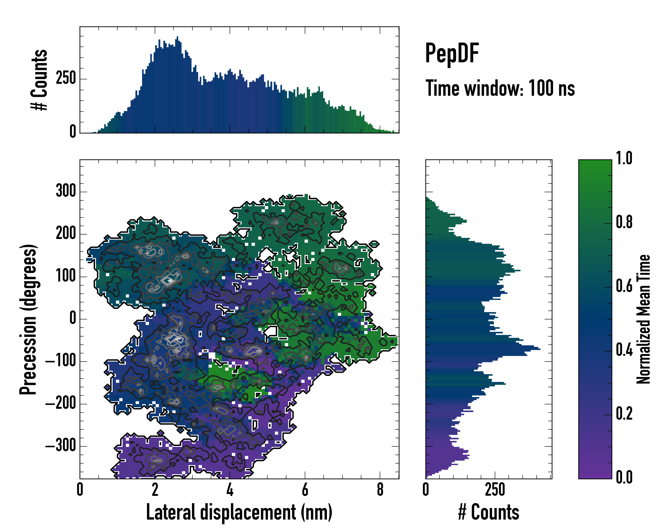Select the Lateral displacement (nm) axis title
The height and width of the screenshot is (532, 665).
pyautogui.click(x=239, y=512)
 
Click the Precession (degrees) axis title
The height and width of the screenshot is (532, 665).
pyautogui.click(x=28, y=319)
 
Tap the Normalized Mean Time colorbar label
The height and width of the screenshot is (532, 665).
pyautogui.click(x=643, y=319)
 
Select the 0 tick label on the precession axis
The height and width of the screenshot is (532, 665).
pyautogui.click(x=73, y=318)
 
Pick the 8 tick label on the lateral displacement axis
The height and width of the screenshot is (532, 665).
pyautogui.click(x=380, y=489)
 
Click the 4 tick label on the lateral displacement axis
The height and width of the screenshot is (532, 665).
pyautogui.click(x=230, y=489)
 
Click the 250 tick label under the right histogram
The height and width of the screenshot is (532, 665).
pyautogui.click(x=495, y=489)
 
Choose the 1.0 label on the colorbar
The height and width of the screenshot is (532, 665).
pyautogui.click(x=624, y=158)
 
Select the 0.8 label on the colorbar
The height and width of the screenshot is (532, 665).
pyautogui.click(x=624, y=222)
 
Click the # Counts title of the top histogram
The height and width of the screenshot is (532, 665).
pyautogui.click(x=39, y=80)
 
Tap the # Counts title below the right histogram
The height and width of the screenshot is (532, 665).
pyautogui.click(x=489, y=512)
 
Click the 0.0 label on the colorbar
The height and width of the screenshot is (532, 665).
pyautogui.click(x=624, y=477)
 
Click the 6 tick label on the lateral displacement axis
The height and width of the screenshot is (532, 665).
pyautogui.click(x=305, y=489)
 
